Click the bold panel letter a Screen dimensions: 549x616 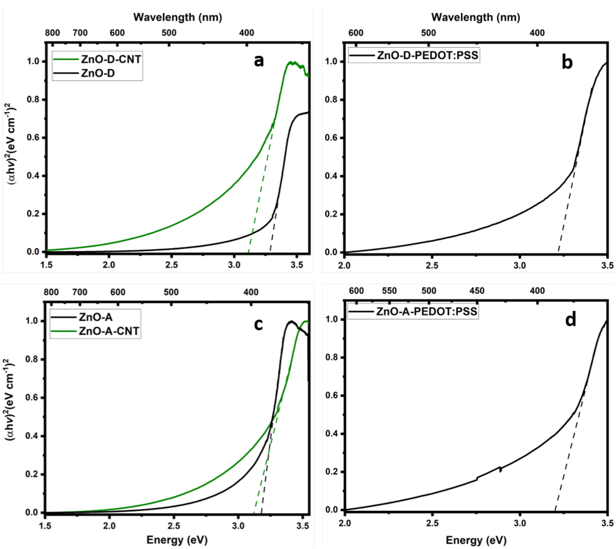pos(259,61)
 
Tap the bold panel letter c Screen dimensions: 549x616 pos(258,324)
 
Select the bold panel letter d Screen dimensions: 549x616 pos(570,320)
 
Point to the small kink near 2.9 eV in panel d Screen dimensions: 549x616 pos(500,469)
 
